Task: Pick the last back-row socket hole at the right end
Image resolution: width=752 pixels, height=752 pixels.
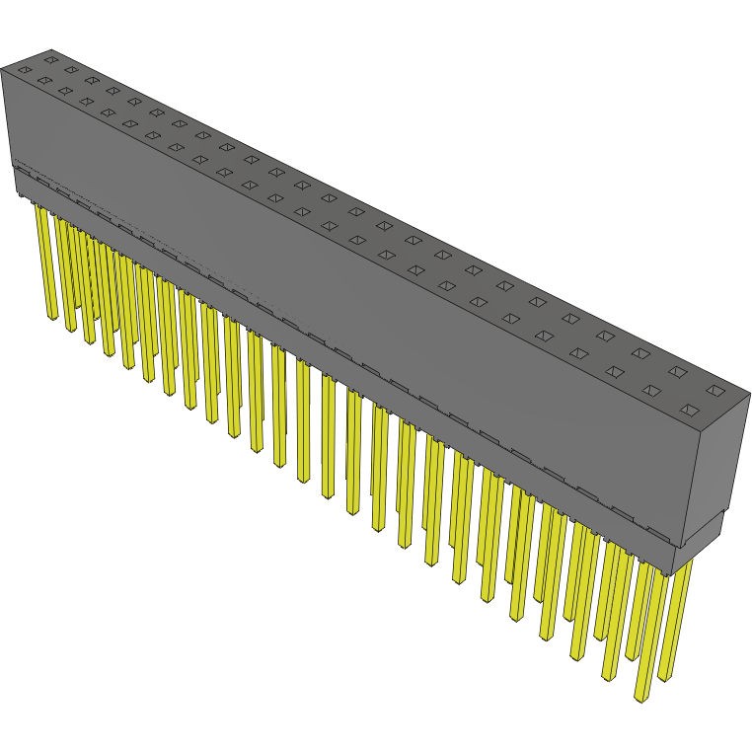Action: click(714, 393)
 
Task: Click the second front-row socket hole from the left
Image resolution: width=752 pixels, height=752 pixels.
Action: click(43, 81)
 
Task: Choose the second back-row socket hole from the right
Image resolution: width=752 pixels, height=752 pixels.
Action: click(678, 372)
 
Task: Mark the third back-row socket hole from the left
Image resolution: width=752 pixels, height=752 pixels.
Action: click(92, 80)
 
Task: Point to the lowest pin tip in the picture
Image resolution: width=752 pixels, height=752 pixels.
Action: click(641, 698)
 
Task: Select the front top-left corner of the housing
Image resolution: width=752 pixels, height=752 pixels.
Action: click(3, 69)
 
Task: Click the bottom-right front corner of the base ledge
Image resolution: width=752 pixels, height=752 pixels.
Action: click(676, 573)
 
